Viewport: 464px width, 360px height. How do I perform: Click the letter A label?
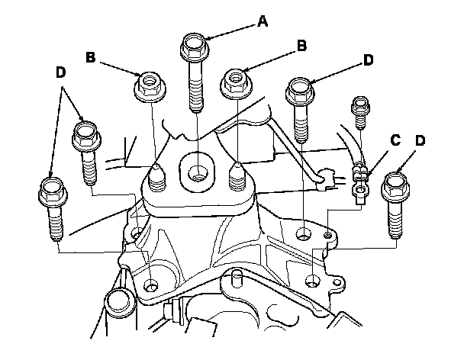click(x=263, y=23)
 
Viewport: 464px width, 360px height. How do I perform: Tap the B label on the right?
click(x=302, y=46)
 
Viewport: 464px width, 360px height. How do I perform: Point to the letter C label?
click(x=395, y=140)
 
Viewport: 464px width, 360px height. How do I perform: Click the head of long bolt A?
click(x=195, y=47)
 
